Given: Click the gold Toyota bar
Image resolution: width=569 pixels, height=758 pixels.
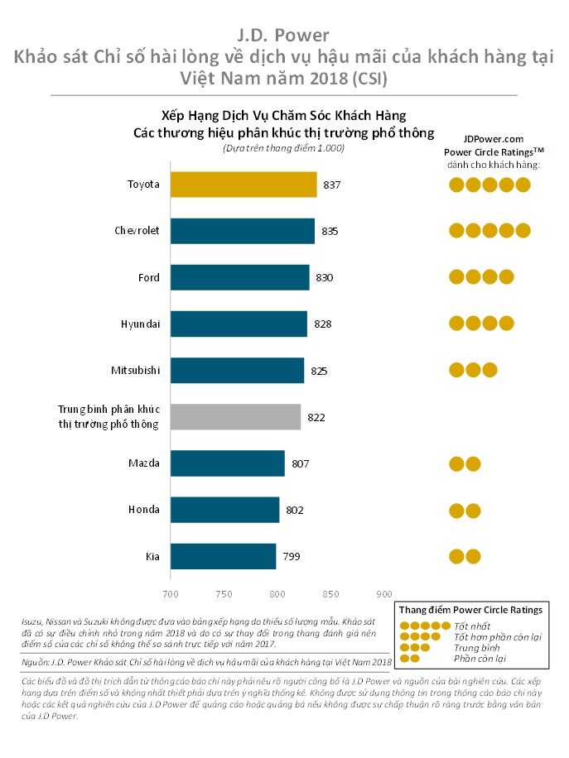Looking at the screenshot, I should tap(244, 185).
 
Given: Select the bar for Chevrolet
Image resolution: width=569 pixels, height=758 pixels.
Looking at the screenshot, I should tap(243, 231).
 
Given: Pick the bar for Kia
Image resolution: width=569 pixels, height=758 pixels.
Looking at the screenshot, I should tap(223, 556).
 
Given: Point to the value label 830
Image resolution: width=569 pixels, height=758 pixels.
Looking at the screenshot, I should tap(325, 278).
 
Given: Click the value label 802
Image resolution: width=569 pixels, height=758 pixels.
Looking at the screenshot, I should tap(295, 511).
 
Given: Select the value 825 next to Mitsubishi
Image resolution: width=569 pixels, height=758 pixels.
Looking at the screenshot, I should tap(320, 372).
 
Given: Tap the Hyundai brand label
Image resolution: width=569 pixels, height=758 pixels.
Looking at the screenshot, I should tap(140, 323).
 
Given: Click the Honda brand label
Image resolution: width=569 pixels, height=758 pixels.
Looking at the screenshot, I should tap(143, 510).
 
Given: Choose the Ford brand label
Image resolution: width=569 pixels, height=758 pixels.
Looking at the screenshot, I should tap(149, 277).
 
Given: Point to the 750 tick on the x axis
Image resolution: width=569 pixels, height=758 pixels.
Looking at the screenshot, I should tap(224, 594).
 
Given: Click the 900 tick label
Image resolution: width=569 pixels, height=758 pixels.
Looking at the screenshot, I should tap(383, 594).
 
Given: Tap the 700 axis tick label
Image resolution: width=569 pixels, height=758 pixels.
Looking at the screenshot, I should tap(171, 594).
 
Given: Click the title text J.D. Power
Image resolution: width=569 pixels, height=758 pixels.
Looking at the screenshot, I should tap(284, 35).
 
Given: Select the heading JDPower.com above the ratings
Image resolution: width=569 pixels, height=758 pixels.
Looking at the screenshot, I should tap(493, 140).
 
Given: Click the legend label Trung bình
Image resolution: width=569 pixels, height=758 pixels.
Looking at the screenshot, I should tap(472, 647).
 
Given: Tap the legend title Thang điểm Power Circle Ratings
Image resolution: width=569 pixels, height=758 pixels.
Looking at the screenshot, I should tap(471, 609).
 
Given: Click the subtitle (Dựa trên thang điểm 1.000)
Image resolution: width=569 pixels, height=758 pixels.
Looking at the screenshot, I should tap(283, 148).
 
